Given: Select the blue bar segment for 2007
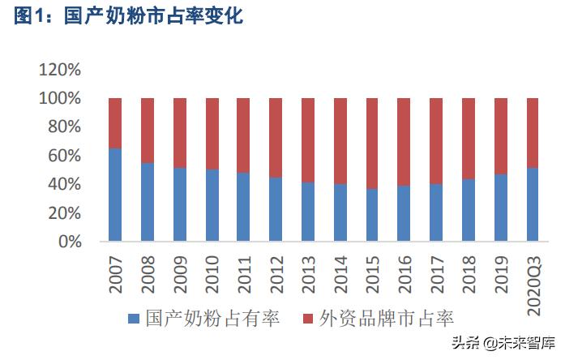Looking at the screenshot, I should tap(115, 195).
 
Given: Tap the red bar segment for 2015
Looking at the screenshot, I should tap(372, 144).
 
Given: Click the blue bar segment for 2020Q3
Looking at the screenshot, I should tap(533, 204).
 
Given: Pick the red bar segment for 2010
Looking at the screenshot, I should tap(212, 134).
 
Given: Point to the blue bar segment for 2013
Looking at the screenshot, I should tap(308, 212).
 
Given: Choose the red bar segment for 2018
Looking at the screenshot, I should tap(469, 139).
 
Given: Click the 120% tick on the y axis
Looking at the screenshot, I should tap(60, 70).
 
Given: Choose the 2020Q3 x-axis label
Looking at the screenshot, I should tap(533, 284).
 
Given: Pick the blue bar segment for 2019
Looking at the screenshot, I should tap(501, 208).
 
